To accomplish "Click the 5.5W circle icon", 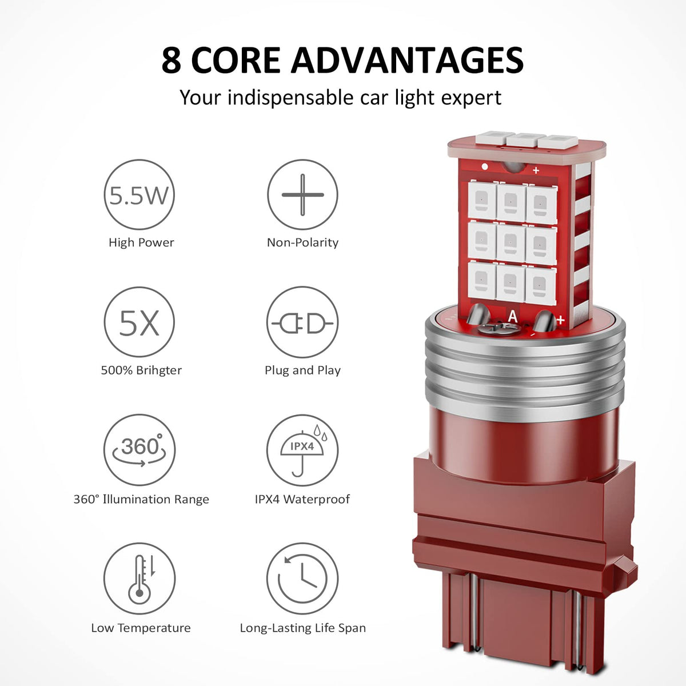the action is pyautogui.click(x=139, y=195).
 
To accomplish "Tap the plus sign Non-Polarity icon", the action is pyautogui.click(x=302, y=195).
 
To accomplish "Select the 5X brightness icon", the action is pyautogui.click(x=139, y=322).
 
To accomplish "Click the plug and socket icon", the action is pyautogui.click(x=302, y=322).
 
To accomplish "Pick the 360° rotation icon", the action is pyautogui.click(x=139, y=450).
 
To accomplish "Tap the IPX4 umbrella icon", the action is pyautogui.click(x=302, y=450).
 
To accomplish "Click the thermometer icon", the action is pyautogui.click(x=139, y=579).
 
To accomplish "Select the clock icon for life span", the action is pyautogui.click(x=302, y=579).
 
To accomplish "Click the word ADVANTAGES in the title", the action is pyautogui.click(x=407, y=60).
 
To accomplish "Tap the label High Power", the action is pyautogui.click(x=141, y=243).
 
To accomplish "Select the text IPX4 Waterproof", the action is pyautogui.click(x=302, y=499).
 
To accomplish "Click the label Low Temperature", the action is pyautogui.click(x=141, y=628).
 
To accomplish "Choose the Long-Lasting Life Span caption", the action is pyautogui.click(x=303, y=628).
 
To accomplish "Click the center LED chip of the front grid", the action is pyautogui.click(x=510, y=242).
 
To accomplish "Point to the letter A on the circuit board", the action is pyautogui.click(x=513, y=316).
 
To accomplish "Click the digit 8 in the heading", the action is pyautogui.click(x=171, y=60).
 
